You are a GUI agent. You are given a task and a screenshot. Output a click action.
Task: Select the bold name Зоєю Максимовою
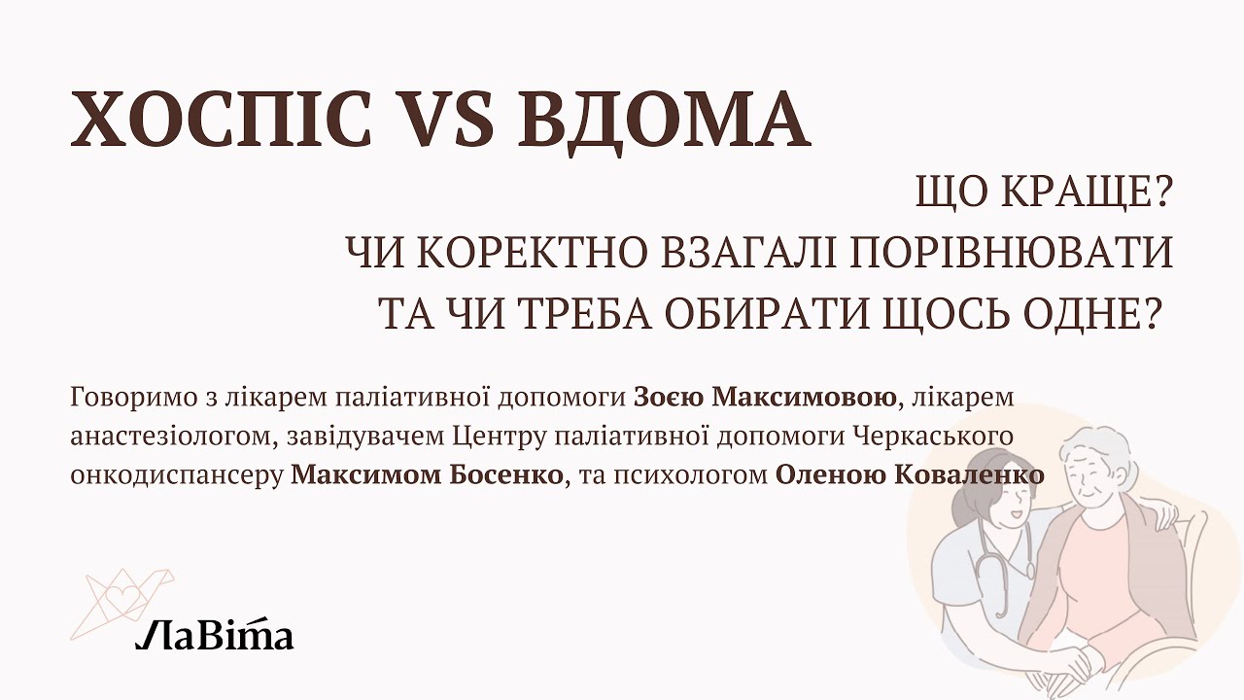[x=766, y=398]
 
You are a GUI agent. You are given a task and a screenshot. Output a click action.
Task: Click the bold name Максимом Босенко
[x=427, y=475]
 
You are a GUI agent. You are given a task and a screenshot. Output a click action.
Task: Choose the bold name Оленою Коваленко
[x=910, y=475]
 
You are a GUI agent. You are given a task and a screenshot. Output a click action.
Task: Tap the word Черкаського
[x=933, y=437]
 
